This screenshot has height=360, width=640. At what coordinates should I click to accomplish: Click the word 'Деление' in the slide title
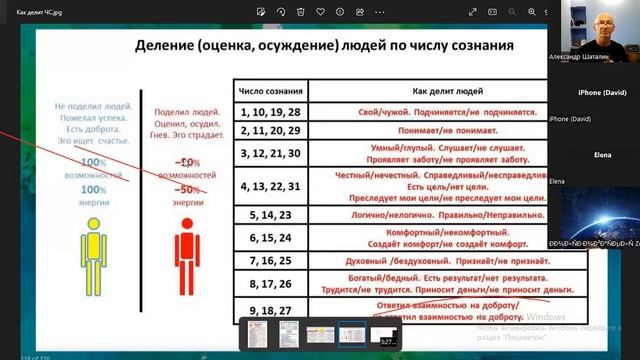[x=167, y=47]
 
